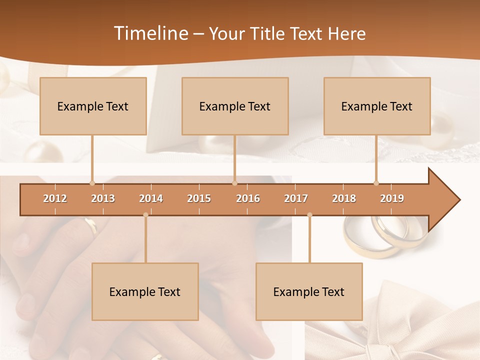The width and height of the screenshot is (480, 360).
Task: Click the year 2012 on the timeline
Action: click(55, 198)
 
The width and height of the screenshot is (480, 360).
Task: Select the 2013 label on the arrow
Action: click(103, 198)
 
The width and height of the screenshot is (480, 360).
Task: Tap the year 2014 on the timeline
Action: click(151, 198)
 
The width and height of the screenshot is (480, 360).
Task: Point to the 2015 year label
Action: click(199, 198)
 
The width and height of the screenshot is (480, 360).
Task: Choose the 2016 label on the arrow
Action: click(248, 198)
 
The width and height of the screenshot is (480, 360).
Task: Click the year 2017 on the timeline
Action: click(296, 198)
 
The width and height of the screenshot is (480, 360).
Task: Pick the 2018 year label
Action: click(344, 198)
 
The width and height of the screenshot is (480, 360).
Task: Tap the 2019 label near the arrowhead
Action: click(392, 198)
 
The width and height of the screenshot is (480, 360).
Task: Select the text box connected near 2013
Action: click(93, 106)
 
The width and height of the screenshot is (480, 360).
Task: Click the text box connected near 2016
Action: click(235, 106)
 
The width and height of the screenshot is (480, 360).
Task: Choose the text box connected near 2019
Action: click(377, 106)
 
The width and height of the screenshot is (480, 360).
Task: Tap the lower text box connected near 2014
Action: click(145, 291)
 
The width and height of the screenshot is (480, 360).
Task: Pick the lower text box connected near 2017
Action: click(309, 291)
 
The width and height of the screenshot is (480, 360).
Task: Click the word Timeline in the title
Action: click(150, 33)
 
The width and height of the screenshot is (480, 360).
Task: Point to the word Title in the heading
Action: click(269, 33)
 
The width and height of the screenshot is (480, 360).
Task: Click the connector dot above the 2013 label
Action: click(92, 183)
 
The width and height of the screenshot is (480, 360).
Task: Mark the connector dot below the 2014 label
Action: click(145, 215)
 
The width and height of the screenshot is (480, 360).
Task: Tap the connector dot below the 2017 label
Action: click(309, 215)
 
